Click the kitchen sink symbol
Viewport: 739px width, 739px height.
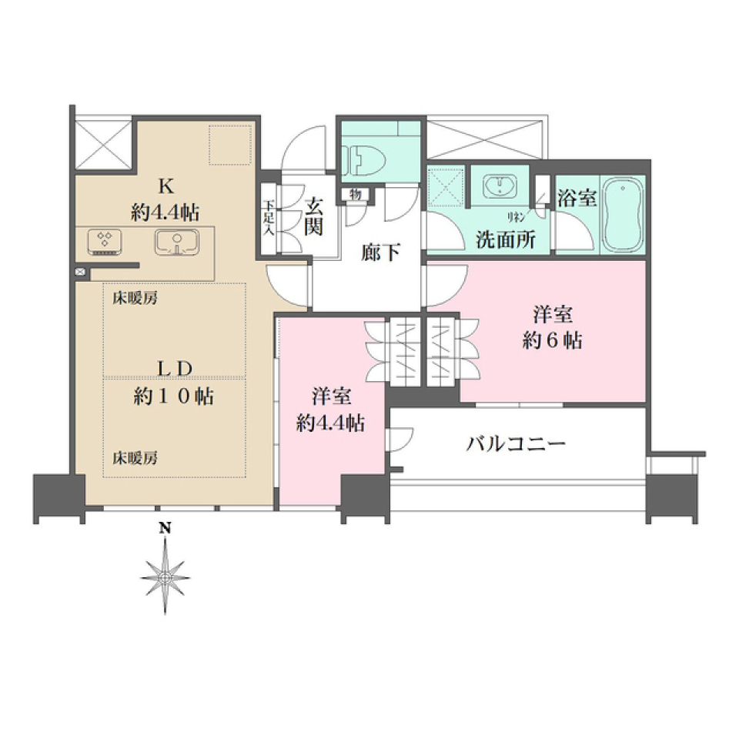178,242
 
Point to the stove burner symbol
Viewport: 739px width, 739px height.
105,241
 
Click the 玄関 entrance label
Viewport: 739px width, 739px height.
314,216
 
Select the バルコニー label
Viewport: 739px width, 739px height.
517,444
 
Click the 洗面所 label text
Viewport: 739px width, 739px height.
505,239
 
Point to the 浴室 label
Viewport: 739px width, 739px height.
577,198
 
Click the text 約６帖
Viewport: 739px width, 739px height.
552,339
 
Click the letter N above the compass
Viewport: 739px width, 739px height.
164,528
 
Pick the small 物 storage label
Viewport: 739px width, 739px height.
355,193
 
